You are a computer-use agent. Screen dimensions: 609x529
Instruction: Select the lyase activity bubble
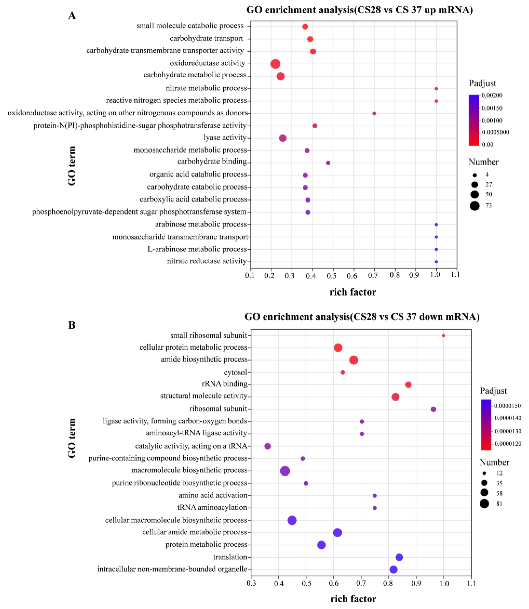pyautogui.click(x=283, y=138)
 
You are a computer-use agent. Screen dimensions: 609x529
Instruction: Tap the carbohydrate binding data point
pyautogui.click(x=328, y=163)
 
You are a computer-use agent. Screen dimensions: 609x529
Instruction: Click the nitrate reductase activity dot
pyautogui.click(x=436, y=262)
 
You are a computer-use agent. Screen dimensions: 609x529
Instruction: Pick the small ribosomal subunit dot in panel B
pyautogui.click(x=443, y=335)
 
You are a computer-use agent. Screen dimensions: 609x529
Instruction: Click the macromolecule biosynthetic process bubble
pyautogui.click(x=285, y=471)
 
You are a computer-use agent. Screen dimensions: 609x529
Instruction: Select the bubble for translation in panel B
pyautogui.click(x=399, y=557)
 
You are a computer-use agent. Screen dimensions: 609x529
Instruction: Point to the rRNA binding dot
pyautogui.click(x=408, y=385)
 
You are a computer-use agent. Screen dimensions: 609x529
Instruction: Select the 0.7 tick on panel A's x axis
pyautogui.click(x=373, y=275)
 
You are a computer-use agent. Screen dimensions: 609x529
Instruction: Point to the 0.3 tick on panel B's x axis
pyautogui.click(x=251, y=583)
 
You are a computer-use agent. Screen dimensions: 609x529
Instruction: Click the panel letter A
pyautogui.click(x=72, y=16)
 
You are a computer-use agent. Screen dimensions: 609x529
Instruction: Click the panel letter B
pyautogui.click(x=72, y=325)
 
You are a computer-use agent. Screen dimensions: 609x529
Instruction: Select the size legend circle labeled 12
pyautogui.click(x=484, y=473)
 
